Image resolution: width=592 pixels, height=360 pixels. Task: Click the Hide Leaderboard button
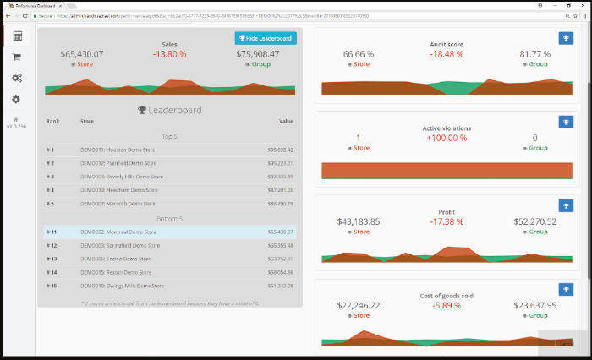[266, 38]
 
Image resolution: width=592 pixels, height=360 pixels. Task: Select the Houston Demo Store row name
[118, 150]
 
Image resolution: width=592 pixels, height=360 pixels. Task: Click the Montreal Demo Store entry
[118, 232]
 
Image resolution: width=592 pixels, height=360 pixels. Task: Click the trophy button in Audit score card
[566, 38]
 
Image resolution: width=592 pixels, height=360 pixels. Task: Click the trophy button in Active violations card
[566, 122]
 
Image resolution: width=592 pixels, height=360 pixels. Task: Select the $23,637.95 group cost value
[531, 305]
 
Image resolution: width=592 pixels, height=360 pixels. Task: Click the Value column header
[286, 121]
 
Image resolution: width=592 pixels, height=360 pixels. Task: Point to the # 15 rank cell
[52, 286]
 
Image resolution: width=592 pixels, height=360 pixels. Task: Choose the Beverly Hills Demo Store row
[121, 177]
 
